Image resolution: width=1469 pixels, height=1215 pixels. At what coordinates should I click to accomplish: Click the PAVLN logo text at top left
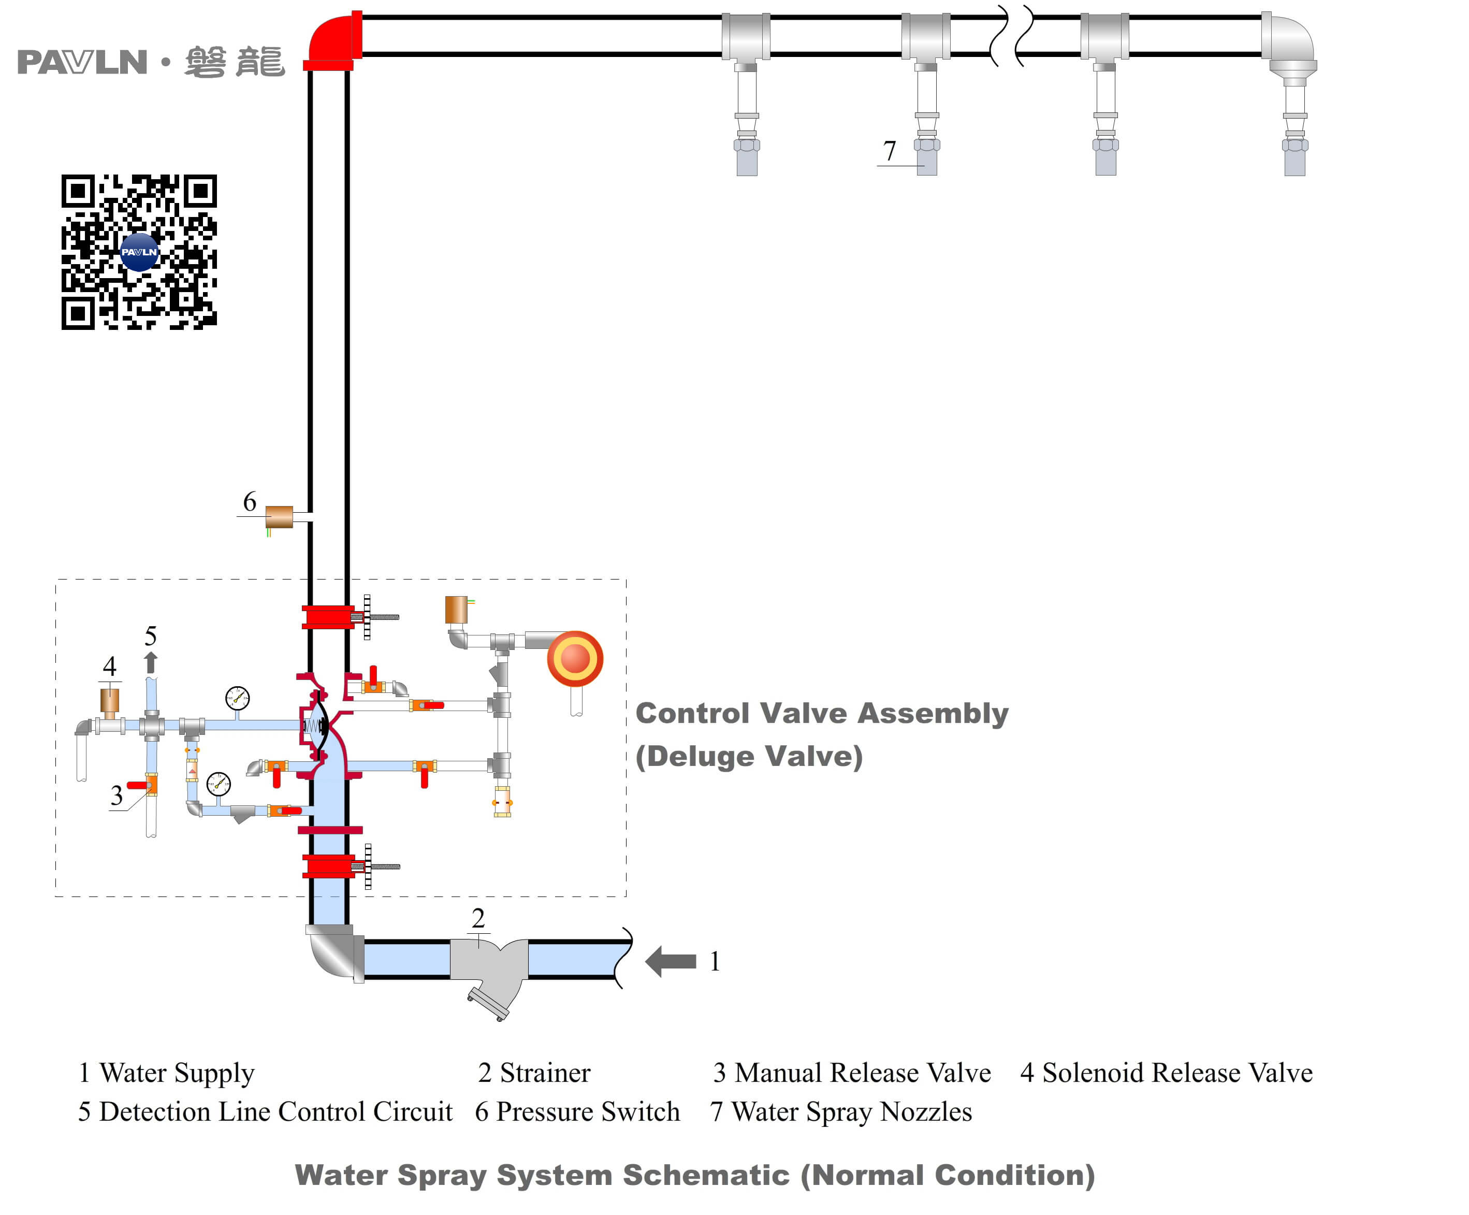(82, 62)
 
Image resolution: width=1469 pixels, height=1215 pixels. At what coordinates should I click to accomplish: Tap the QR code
(139, 252)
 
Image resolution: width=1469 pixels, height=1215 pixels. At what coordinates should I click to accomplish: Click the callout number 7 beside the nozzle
(889, 150)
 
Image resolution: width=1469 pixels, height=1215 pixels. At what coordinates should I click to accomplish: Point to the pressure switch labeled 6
(279, 517)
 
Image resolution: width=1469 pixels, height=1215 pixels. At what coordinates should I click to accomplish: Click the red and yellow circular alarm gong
(575, 658)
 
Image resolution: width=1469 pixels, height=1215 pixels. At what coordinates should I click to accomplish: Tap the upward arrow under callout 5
(150, 662)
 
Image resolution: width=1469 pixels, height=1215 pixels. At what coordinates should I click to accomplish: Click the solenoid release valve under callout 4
(110, 701)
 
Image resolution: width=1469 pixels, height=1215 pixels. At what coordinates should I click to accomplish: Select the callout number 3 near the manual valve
(117, 795)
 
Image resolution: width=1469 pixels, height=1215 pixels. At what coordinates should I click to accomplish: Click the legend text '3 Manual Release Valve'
(851, 1072)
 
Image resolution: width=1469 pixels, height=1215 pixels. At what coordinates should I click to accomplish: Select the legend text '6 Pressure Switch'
(577, 1111)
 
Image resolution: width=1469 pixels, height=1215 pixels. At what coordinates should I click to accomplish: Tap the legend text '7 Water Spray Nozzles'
(841, 1111)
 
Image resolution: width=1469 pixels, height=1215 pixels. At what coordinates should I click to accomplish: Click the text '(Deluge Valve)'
(749, 756)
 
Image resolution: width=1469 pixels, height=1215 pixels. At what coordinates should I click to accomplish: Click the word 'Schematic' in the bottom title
(705, 1175)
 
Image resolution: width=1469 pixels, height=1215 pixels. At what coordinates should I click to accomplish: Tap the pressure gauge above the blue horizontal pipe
(237, 698)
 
